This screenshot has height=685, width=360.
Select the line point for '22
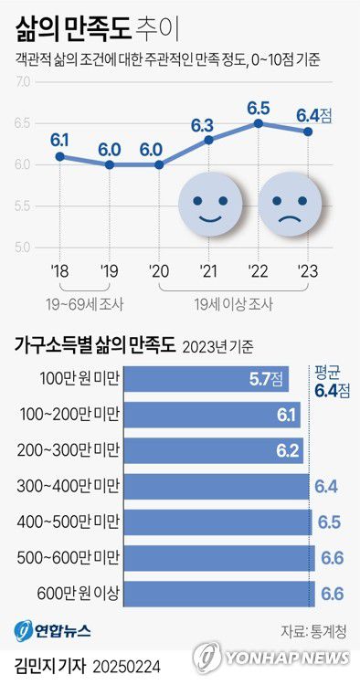259,122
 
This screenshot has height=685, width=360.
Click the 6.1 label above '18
60,140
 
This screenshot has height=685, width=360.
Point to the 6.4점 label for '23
313,115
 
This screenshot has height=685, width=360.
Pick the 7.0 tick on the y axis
22,82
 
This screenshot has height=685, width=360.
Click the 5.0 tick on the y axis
22,248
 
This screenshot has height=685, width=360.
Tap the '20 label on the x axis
159,270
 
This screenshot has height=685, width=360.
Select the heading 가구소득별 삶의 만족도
94,345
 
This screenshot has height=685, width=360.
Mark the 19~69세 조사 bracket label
62,302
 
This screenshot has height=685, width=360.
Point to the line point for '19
110,164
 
